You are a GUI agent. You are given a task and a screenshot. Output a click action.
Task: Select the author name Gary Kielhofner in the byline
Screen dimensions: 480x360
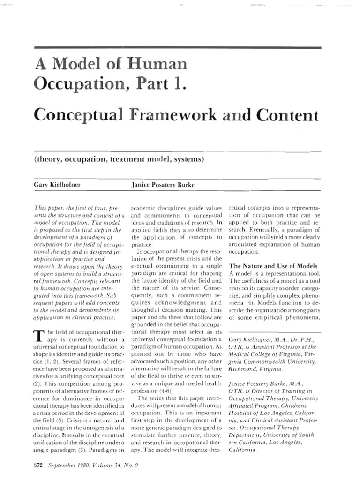click(x=58, y=184)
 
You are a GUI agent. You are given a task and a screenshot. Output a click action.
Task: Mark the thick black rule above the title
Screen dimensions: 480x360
click(x=178, y=48)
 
